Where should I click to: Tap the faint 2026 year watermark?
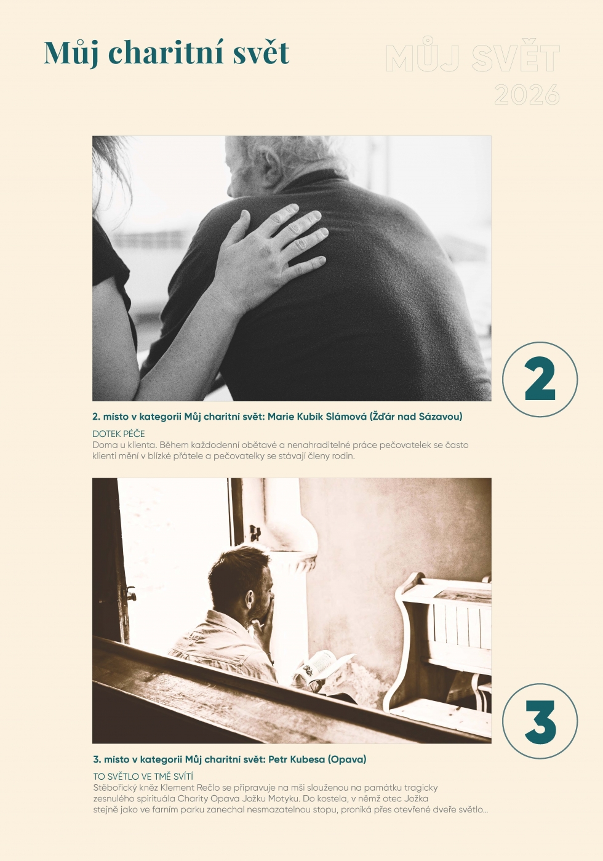click(x=527, y=95)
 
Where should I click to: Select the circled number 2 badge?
click(x=540, y=379)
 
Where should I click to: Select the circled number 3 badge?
click(x=540, y=721)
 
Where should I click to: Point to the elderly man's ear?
click(x=271, y=166)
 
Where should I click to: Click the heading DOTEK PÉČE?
click(x=118, y=434)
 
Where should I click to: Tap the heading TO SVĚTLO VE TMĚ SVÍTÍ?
click(x=143, y=777)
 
